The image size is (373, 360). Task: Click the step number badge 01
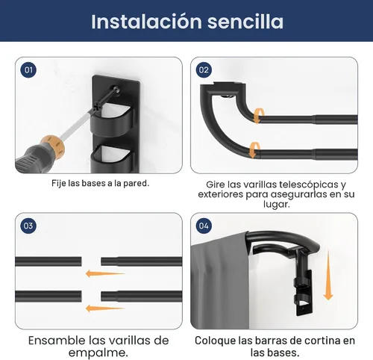[28, 69]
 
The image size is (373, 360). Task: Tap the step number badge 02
[204, 69]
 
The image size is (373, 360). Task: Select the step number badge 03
[28, 226]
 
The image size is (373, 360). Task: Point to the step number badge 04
[204, 226]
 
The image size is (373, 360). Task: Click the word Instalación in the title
[146, 22]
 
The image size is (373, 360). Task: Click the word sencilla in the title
[245, 22]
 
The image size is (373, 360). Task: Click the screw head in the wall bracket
[115, 90]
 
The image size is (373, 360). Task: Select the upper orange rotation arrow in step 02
[258, 116]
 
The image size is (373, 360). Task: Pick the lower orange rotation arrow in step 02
[254, 150]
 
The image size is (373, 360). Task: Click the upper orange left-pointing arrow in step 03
[105, 273]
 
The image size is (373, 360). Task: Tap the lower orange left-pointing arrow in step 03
[105, 308]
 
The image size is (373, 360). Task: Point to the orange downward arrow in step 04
[328, 276]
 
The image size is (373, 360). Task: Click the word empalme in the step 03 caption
[97, 353]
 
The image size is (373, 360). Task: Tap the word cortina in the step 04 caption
[322, 341]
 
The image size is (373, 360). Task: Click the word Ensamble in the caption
[57, 341]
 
